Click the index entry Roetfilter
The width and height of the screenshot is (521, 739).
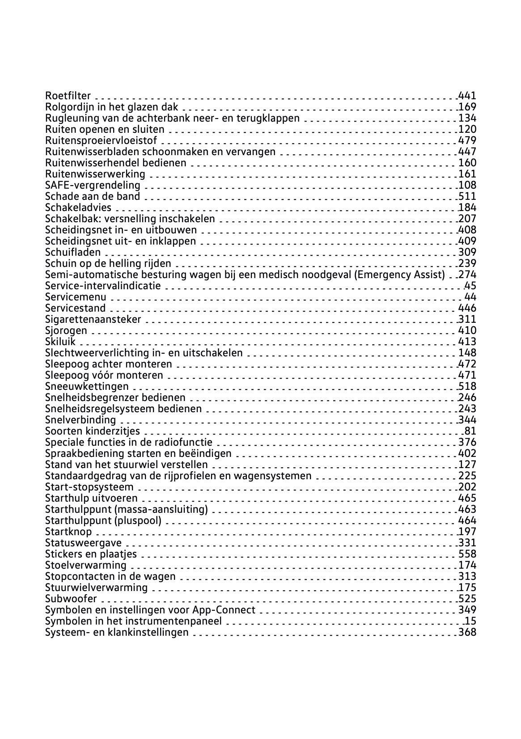click(x=68, y=96)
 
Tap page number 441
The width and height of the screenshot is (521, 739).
click(x=467, y=96)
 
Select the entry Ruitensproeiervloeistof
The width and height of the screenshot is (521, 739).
click(x=101, y=140)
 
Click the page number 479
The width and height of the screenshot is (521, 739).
click(x=467, y=140)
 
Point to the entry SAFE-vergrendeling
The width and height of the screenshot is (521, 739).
click(x=93, y=185)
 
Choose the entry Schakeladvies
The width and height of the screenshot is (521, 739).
click(x=78, y=207)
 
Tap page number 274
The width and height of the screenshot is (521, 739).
click(x=467, y=274)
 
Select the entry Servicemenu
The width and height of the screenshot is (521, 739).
click(x=76, y=297)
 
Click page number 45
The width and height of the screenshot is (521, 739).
click(x=470, y=286)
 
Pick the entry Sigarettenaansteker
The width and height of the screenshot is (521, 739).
click(x=93, y=319)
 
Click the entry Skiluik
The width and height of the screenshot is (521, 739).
click(x=60, y=342)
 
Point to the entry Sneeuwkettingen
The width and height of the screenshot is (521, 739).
click(x=87, y=386)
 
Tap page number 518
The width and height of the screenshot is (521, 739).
click(x=467, y=386)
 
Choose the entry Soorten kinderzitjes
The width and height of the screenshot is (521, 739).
click(x=93, y=431)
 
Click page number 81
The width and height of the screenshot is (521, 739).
click(x=470, y=431)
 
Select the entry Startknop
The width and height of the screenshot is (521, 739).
click(x=68, y=532)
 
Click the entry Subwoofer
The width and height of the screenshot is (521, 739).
click(x=71, y=599)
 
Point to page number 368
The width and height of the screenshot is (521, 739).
click(x=467, y=632)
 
